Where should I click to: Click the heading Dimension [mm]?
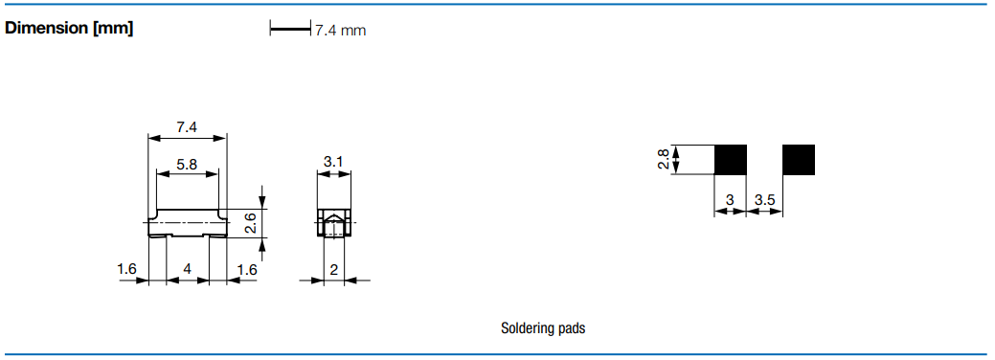[x=69, y=29]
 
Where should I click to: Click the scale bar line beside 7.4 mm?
[x=290, y=29]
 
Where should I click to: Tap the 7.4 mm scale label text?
[x=341, y=30]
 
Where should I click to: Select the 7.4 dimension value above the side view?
[x=187, y=127]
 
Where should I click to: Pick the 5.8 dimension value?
[x=187, y=165]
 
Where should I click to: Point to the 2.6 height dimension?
[x=251, y=223]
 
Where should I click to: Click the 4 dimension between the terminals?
[x=187, y=269]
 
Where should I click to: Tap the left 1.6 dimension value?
[x=127, y=269]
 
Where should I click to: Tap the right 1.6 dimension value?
[x=247, y=269]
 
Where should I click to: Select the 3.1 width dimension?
[x=333, y=162]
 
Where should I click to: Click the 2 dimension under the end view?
[x=334, y=269]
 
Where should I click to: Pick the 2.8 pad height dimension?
[x=663, y=159]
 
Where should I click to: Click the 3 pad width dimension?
[x=730, y=200]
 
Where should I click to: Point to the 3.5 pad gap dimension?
[x=764, y=200]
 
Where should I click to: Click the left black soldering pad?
[x=731, y=159]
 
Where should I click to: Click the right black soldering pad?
[x=799, y=159]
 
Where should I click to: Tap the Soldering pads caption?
[x=543, y=328]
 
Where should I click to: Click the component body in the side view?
[x=187, y=222]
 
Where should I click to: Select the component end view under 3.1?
[x=334, y=223]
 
